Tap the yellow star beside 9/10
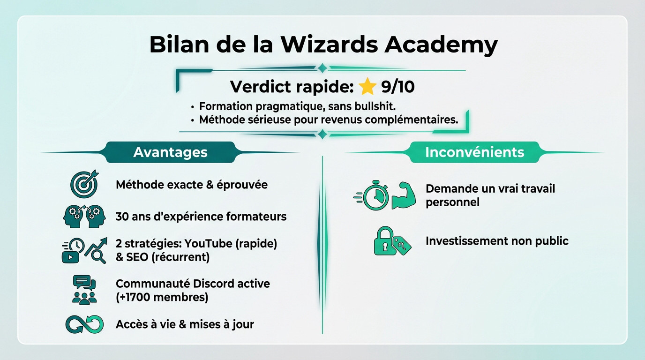click(x=367, y=87)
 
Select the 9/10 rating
click(x=398, y=87)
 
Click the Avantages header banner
click(x=170, y=152)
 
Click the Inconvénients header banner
click(x=474, y=152)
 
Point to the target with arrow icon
click(x=84, y=183)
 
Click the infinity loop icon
click(x=84, y=324)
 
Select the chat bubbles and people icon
click(x=84, y=290)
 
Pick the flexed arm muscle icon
click(x=404, y=195)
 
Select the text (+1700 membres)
click(x=162, y=297)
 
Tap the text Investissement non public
click(x=497, y=241)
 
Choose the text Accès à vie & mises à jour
click(x=185, y=324)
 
